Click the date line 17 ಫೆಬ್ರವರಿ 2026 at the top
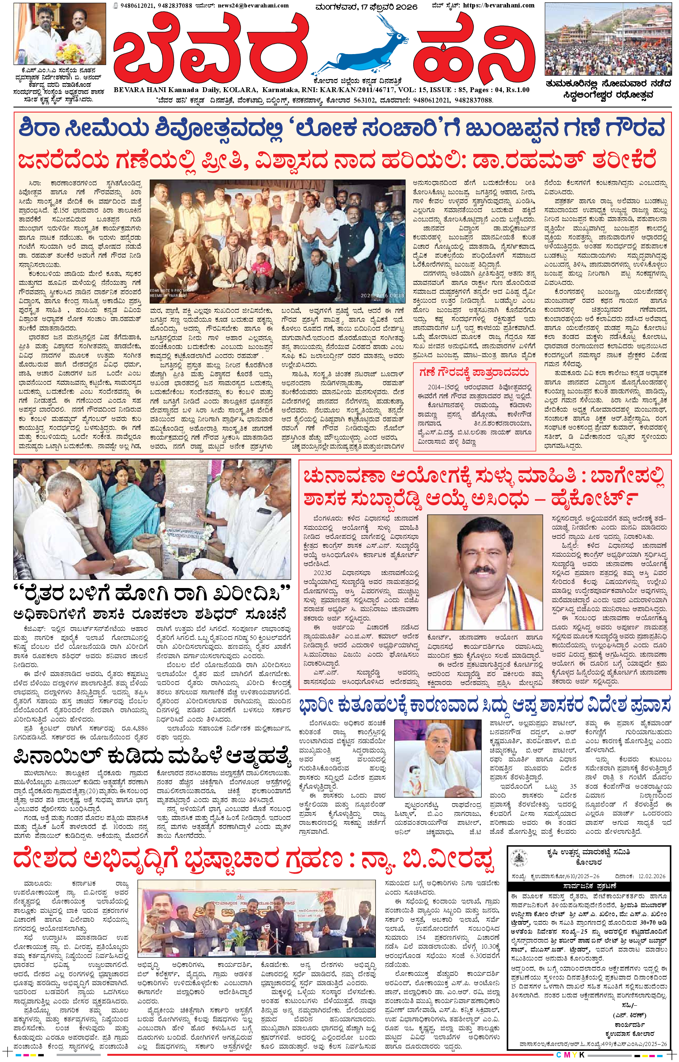click(x=367, y=7)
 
